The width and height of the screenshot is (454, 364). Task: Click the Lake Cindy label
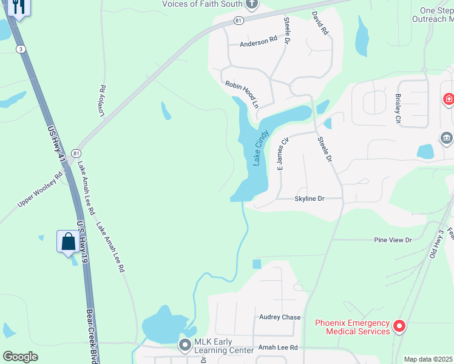tap(260, 148)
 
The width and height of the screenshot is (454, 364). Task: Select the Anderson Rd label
tap(258, 44)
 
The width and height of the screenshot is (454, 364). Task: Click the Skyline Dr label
tap(310, 198)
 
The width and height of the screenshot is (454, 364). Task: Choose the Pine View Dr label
tap(393, 240)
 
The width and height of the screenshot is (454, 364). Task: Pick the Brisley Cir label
tap(398, 109)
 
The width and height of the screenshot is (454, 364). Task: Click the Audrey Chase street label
tap(280, 317)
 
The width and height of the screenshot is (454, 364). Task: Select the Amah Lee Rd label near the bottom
tap(278, 348)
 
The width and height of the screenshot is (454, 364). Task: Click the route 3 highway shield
tap(21, 49)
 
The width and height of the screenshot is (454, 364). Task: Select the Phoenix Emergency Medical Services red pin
tap(399, 326)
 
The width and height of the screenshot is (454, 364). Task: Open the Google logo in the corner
tap(20, 357)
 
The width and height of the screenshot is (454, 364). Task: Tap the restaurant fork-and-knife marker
tap(18, 7)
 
